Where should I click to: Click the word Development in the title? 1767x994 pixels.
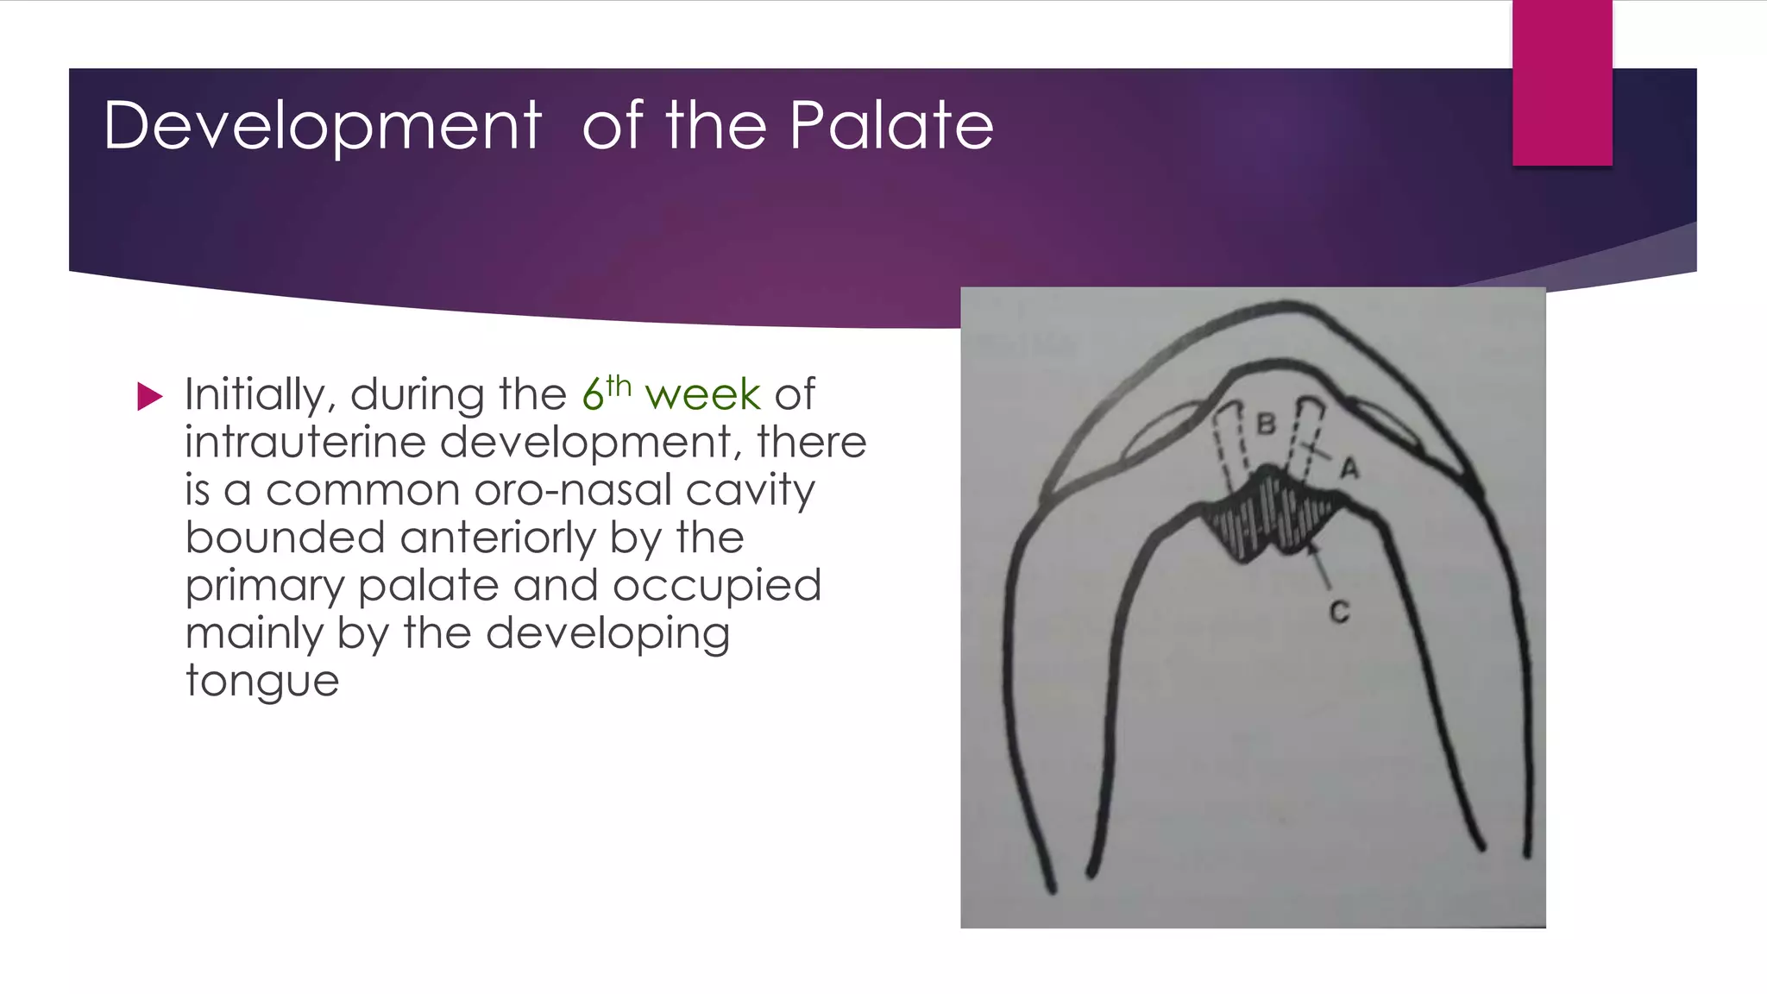[x=322, y=127]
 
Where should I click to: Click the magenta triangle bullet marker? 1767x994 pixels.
[x=149, y=397]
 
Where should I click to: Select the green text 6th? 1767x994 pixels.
[x=607, y=393]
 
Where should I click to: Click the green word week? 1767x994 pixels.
[x=702, y=395]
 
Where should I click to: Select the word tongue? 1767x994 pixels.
[x=262, y=682]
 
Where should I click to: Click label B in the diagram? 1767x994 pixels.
[x=1266, y=425]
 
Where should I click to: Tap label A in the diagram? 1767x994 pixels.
[x=1349, y=469]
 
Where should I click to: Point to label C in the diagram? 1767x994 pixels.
[x=1339, y=613]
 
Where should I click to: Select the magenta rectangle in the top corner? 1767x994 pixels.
[x=1562, y=82]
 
